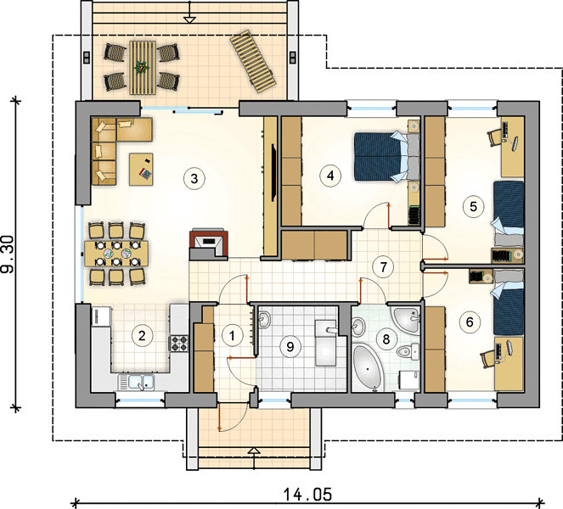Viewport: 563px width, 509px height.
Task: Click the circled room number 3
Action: coord(194,178)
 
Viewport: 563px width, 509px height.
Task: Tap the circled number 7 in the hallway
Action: coord(383,267)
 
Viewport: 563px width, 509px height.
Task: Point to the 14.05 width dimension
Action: coord(307,495)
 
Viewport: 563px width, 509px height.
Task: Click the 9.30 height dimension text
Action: coord(8,254)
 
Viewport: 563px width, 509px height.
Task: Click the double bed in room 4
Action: coord(386,156)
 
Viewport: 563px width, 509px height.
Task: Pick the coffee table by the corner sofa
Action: coord(141,169)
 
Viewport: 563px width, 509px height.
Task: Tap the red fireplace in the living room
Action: coord(209,243)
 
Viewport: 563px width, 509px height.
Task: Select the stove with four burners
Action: coord(178,343)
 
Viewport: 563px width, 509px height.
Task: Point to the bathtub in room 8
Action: coord(367,367)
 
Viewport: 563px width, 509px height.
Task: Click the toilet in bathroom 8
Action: coord(408,351)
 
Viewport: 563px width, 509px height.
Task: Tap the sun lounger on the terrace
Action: coord(254,61)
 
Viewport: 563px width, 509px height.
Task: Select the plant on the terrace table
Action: coord(142,67)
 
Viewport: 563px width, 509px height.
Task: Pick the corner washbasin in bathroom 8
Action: coord(408,319)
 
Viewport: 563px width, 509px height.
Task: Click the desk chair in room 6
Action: coord(488,358)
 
